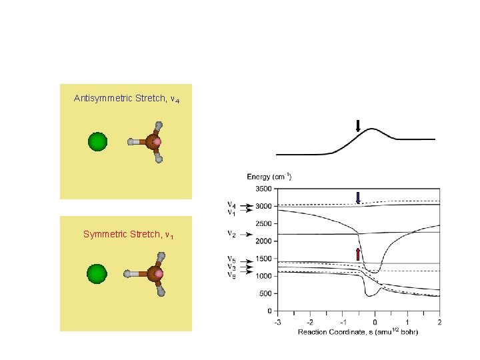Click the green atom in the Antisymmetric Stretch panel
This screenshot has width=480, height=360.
click(97, 142)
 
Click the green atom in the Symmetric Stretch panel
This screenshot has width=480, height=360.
click(97, 273)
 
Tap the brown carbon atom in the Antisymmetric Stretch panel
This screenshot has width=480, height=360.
click(153, 142)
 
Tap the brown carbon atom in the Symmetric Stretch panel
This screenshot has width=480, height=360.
click(154, 273)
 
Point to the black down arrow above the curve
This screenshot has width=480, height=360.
click(358, 125)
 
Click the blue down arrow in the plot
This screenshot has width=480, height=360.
click(358, 197)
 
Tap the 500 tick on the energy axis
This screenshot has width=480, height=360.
click(265, 293)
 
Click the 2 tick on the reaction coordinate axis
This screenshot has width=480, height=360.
click(439, 321)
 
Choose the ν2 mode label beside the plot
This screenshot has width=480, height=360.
click(231, 234)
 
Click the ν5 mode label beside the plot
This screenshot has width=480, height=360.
click(231, 259)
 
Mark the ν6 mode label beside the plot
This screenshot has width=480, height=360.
click(231, 274)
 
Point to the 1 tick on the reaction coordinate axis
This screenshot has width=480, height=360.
click(407, 321)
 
